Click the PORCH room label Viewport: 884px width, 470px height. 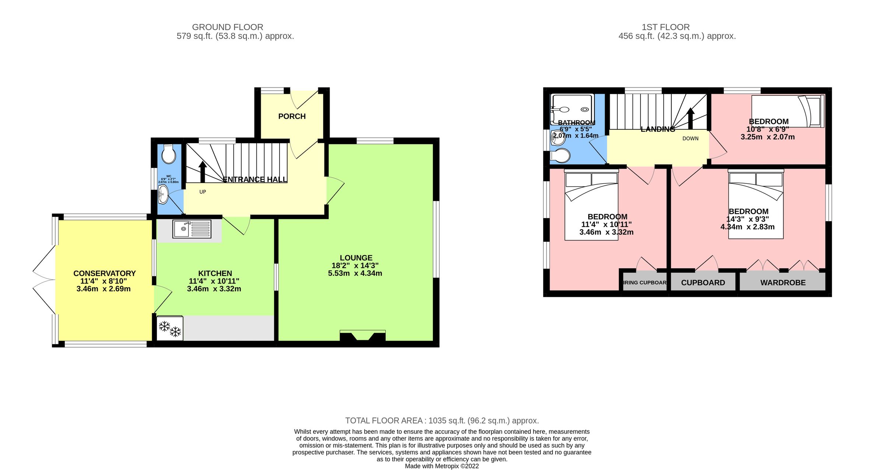(x=292, y=116)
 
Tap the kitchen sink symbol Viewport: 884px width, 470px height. (x=192, y=229)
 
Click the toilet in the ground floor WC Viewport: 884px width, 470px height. (x=169, y=154)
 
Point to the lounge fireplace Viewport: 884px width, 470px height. (x=362, y=336)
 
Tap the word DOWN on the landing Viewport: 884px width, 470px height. (x=690, y=138)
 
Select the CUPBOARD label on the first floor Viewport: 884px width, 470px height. (x=703, y=283)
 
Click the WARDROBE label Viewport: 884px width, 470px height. (x=783, y=283)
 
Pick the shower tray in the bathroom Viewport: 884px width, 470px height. (x=572, y=109)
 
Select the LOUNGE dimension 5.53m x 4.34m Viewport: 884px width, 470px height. (x=355, y=273)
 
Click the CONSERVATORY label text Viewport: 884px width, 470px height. (x=105, y=273)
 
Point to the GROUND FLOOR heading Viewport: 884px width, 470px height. (x=228, y=27)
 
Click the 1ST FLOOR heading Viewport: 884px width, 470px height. (x=666, y=27)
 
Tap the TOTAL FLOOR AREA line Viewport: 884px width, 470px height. (x=442, y=421)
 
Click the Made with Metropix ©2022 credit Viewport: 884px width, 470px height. (x=442, y=466)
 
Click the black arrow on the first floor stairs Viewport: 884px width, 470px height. (x=691, y=118)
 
